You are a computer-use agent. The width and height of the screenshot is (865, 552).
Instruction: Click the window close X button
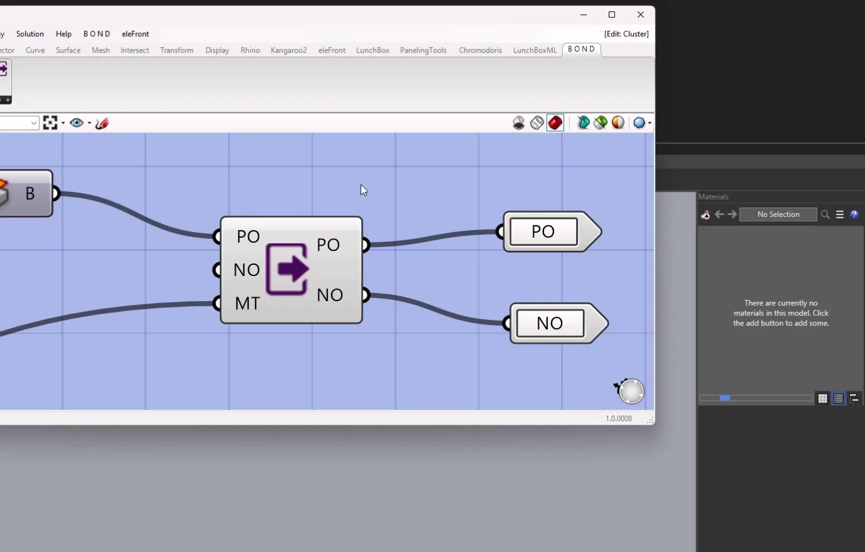(640, 14)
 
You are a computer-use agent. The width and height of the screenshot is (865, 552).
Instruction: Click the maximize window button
(612, 14)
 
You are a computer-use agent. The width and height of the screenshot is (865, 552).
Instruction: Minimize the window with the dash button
(584, 14)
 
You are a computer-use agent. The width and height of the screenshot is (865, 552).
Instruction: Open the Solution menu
(30, 34)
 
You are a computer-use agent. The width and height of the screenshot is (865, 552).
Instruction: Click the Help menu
(64, 34)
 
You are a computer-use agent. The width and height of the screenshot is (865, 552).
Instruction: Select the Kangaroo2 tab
(289, 50)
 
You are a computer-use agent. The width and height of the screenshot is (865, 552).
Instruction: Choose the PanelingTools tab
(423, 50)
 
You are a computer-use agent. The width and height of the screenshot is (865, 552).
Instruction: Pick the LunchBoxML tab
(535, 50)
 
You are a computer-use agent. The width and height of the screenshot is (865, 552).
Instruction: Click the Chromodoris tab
(480, 50)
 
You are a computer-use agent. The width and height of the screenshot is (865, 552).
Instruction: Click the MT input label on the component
(247, 304)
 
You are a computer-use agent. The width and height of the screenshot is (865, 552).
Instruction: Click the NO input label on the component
(246, 270)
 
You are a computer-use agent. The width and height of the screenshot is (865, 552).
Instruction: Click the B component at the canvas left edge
(26, 193)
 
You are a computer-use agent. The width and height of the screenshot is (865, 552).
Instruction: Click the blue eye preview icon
(76, 123)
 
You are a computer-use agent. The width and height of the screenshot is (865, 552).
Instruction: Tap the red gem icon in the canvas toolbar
(555, 123)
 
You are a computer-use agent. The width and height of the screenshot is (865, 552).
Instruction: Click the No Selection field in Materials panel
(778, 215)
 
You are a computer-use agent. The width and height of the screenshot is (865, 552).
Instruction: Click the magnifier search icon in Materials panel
(826, 215)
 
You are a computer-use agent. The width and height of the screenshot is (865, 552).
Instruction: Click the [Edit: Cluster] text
(626, 34)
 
